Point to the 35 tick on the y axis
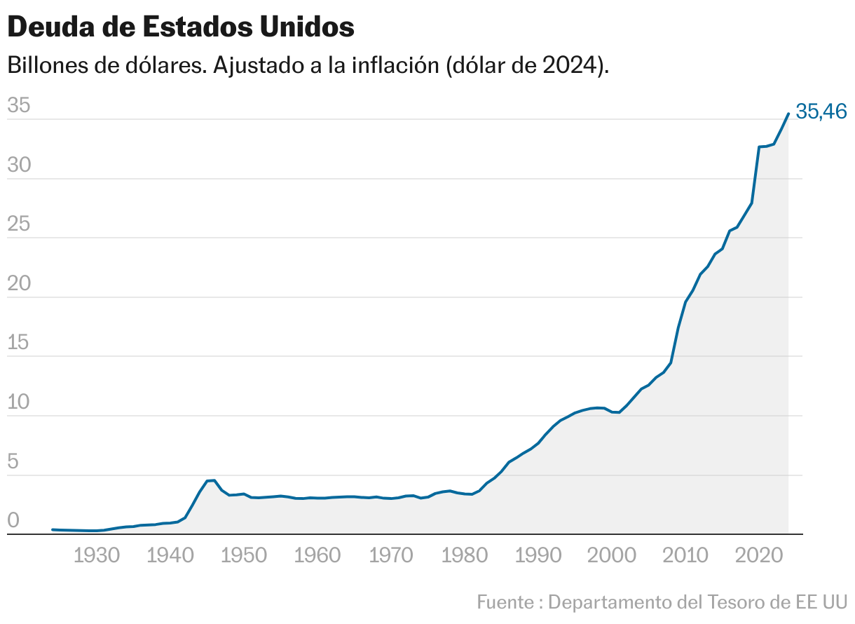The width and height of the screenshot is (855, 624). (x=19, y=106)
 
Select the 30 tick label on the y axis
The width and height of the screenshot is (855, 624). (x=19, y=165)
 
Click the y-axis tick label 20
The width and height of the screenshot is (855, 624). (x=19, y=284)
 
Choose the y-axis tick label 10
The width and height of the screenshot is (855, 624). (x=19, y=402)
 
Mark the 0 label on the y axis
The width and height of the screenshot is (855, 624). (x=13, y=520)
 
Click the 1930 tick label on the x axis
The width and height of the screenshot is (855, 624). (x=95, y=556)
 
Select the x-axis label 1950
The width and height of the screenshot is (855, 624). (x=242, y=556)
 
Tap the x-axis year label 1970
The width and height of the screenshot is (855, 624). (x=389, y=556)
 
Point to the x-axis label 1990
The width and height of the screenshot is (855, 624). (x=536, y=556)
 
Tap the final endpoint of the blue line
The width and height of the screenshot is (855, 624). (x=788, y=114)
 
